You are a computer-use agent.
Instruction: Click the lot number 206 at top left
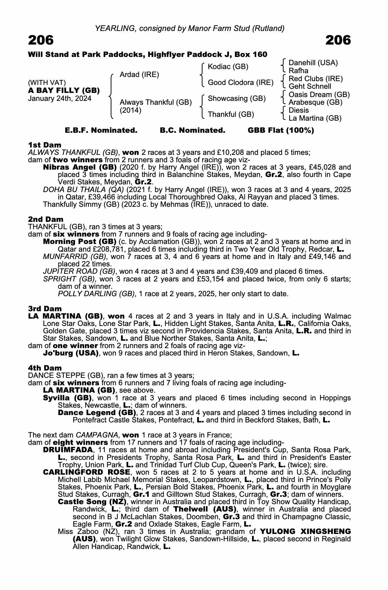point(41,40)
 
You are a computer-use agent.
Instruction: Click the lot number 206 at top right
point(338,40)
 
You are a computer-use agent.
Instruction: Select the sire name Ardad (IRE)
point(139,75)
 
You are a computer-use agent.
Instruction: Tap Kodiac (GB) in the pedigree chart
point(228,67)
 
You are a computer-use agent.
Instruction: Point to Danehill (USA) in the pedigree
point(313,63)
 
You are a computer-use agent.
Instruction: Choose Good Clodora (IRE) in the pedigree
point(240,83)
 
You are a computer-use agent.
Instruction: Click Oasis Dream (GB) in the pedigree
point(319,95)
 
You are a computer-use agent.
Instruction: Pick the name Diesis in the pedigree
point(299,110)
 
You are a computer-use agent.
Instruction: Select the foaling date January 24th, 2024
point(60,99)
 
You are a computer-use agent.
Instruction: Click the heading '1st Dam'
point(45,145)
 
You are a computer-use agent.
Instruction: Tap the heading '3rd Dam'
point(45,309)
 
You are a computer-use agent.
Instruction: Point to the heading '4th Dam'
point(45,368)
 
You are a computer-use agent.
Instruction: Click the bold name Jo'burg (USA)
point(71,353)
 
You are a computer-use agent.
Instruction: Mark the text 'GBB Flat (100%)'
point(281,130)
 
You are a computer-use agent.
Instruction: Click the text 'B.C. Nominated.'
point(192,130)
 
